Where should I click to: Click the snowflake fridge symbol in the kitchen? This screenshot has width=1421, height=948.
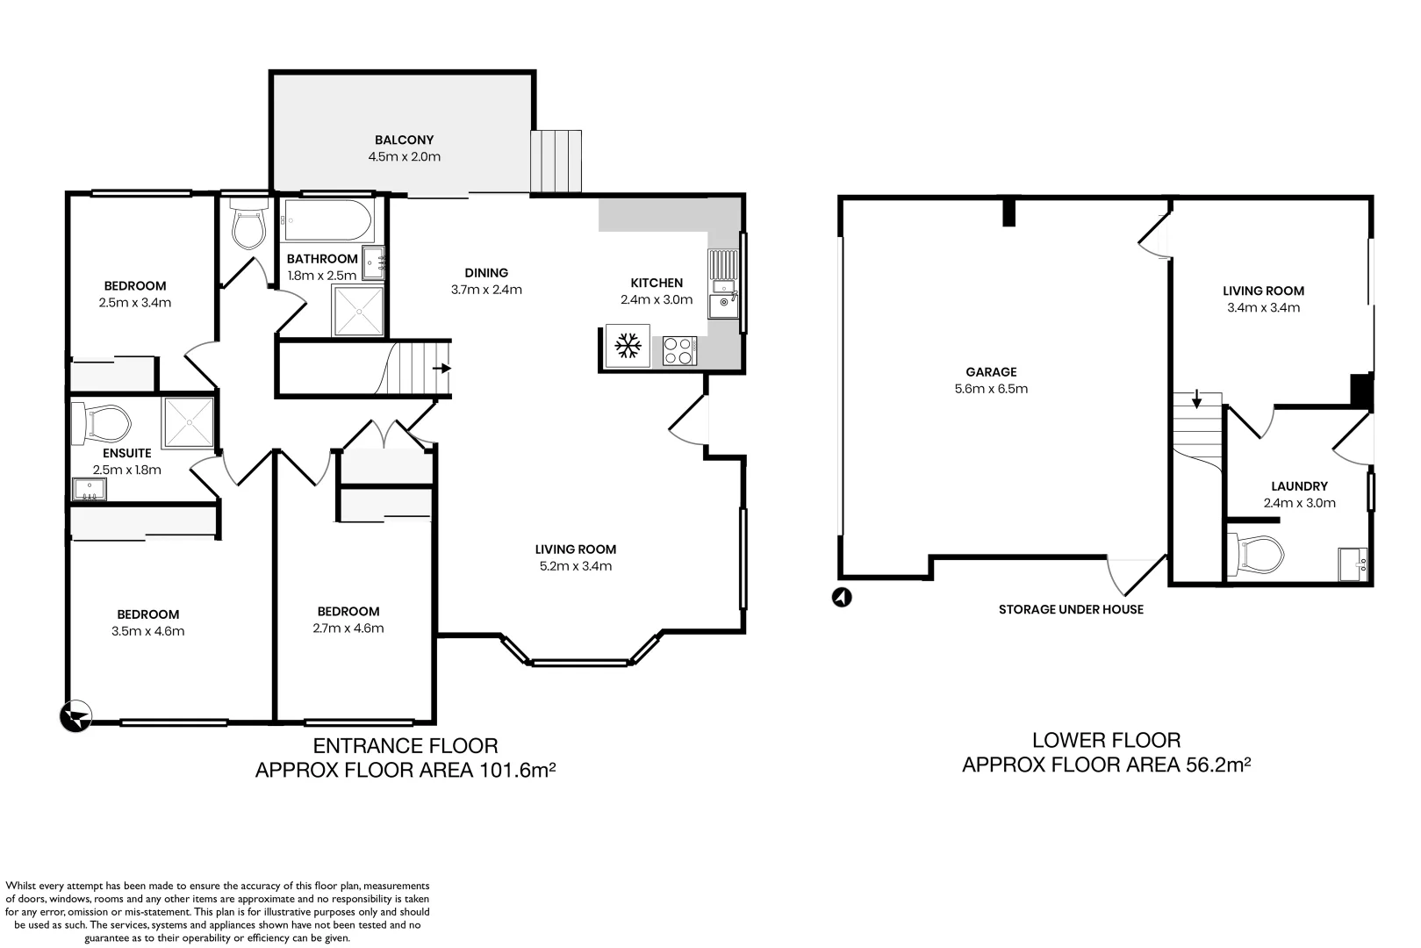click(627, 346)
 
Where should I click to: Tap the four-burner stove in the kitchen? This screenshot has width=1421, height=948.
click(678, 351)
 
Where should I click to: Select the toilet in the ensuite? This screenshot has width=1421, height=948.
click(103, 422)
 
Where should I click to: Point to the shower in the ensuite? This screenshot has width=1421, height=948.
click(189, 421)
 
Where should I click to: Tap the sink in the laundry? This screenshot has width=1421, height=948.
click(1353, 564)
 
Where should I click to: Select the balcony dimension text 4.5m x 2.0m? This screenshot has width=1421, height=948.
click(404, 157)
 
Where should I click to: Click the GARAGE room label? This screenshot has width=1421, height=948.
click(991, 371)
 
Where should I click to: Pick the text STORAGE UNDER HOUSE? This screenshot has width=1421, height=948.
click(1071, 609)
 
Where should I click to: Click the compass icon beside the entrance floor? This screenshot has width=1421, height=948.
click(75, 716)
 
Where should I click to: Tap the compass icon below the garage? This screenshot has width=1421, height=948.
click(842, 598)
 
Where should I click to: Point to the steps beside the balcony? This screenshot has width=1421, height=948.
click(556, 161)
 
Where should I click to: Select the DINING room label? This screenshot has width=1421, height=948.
click(486, 272)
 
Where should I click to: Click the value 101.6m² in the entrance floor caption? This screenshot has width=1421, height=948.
click(518, 771)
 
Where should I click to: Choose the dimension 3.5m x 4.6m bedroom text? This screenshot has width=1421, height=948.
click(147, 631)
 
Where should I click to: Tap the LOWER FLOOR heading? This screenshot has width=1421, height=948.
click(1106, 740)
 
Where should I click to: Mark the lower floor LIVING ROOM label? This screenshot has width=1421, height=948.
click(1263, 291)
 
